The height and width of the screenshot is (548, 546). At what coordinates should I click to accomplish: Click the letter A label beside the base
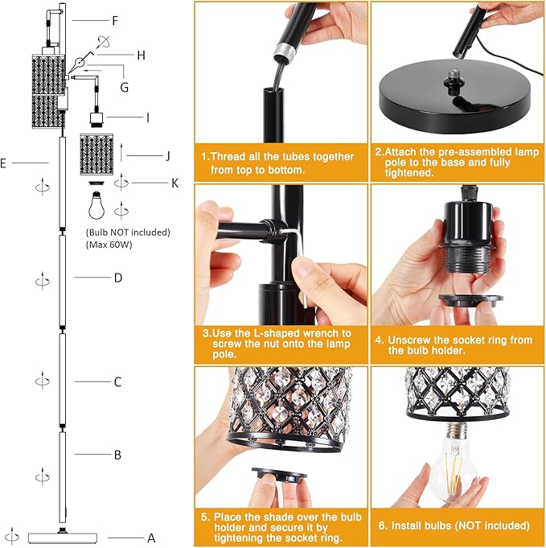(x=150, y=538)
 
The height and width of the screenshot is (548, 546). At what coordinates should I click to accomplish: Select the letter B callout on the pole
(x=117, y=455)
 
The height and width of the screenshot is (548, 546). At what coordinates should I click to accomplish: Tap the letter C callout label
(x=117, y=381)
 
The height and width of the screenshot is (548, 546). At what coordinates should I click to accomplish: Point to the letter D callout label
(x=117, y=278)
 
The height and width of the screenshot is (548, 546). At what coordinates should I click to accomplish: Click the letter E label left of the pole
(x=4, y=163)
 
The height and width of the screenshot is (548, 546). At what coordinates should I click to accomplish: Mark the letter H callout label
(x=141, y=55)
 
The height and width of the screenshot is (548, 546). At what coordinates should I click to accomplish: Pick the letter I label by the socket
(x=147, y=117)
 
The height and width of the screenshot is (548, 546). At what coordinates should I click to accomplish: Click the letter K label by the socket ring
(x=174, y=183)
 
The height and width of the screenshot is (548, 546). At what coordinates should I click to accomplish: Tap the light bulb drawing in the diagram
(x=96, y=206)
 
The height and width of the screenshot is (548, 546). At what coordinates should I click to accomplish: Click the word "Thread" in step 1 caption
(x=229, y=156)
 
